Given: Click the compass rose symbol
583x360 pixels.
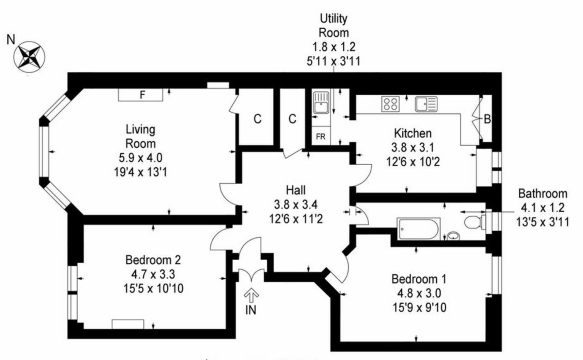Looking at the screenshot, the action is click(x=29, y=57).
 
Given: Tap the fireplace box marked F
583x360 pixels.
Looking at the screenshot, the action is click(x=140, y=95).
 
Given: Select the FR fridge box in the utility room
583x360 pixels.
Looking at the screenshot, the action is click(x=321, y=136).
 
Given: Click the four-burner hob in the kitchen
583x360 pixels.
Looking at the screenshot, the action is click(x=391, y=104).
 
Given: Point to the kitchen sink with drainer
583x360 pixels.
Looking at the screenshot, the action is click(x=426, y=104).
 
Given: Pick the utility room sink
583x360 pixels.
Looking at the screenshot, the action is click(x=321, y=103).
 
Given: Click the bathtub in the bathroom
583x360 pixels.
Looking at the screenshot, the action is click(x=418, y=229).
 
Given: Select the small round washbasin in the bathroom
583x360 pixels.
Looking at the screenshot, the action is click(x=453, y=236).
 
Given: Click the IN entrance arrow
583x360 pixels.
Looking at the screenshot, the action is click(x=251, y=295).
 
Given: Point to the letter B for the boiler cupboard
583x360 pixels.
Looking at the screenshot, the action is click(x=487, y=120).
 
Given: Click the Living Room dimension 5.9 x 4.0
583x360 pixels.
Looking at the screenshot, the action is click(x=140, y=158).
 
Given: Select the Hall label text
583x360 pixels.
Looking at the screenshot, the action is click(x=296, y=190).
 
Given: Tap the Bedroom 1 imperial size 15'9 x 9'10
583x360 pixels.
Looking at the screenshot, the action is click(x=419, y=308).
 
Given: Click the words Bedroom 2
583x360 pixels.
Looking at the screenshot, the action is click(x=153, y=260).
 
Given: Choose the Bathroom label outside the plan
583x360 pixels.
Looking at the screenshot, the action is click(x=543, y=194).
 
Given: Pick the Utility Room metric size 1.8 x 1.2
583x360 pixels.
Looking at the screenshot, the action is click(x=334, y=47).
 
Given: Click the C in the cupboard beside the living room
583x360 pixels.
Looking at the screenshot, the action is click(x=257, y=119).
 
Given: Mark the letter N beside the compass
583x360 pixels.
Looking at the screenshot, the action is click(x=11, y=40).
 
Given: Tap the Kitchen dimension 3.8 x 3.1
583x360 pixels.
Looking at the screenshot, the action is click(x=413, y=148).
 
